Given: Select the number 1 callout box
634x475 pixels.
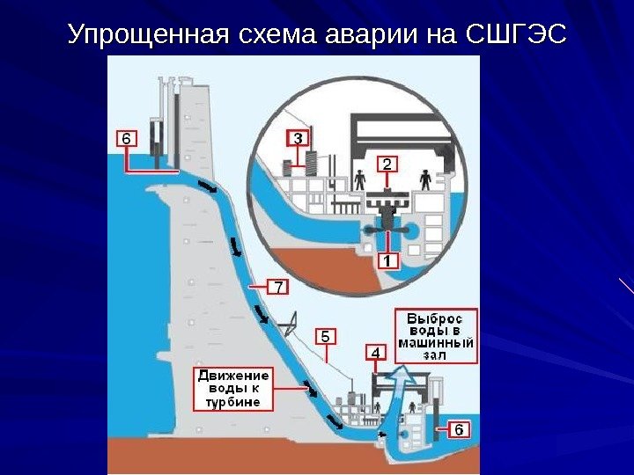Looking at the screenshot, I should [x=388, y=260].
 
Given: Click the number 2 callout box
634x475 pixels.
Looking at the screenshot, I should [x=388, y=164].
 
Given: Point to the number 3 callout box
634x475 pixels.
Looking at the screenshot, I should [x=298, y=138].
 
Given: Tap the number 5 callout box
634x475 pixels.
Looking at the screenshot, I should [x=325, y=337].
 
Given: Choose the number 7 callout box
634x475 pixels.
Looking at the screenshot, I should [x=277, y=287].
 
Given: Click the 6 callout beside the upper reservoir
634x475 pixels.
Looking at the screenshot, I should [x=127, y=139].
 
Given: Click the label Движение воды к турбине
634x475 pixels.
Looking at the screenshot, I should [x=232, y=389].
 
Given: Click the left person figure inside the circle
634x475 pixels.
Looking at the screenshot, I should [x=359, y=179].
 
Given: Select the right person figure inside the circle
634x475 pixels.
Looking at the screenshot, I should [x=426, y=179].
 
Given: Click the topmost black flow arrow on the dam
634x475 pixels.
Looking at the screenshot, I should [x=207, y=187].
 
